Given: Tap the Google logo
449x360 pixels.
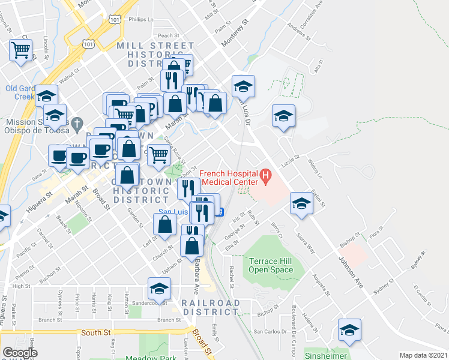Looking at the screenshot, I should tap(20, 353).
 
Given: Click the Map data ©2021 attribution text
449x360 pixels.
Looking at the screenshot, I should tap(424, 355).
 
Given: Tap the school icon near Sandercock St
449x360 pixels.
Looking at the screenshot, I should tap(159, 289).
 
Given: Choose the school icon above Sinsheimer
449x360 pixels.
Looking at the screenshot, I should tap(349, 329).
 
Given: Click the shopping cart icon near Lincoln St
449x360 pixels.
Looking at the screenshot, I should tap(21, 50).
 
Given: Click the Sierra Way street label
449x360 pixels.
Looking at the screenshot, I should tap(306, 242).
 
